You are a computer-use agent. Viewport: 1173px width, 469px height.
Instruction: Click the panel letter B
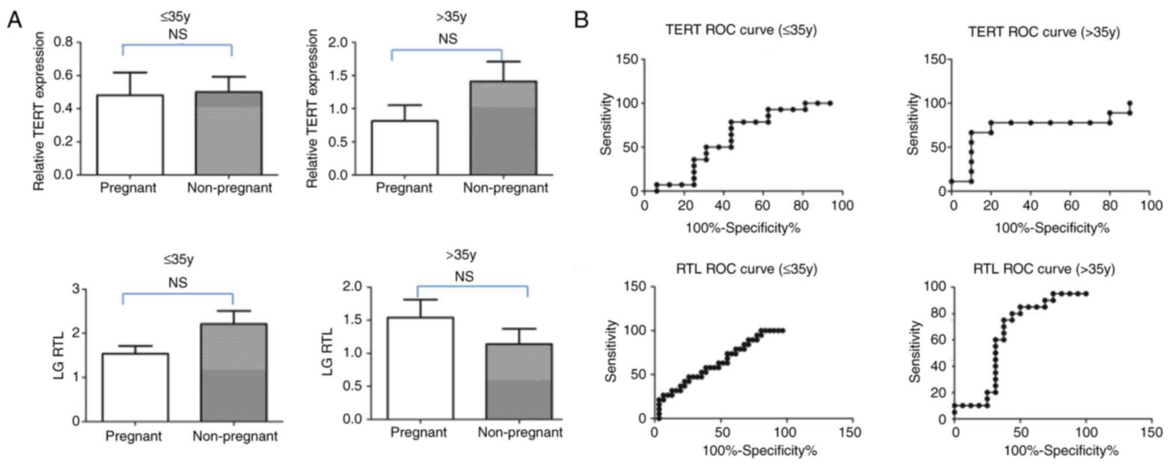581,21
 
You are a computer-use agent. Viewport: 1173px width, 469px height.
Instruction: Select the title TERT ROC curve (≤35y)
741,30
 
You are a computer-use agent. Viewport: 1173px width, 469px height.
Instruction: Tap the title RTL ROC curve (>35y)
1044,269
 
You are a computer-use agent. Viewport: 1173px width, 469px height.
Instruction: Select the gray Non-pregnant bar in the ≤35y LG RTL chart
234,373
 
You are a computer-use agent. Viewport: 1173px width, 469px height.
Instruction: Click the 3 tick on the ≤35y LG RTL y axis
76,288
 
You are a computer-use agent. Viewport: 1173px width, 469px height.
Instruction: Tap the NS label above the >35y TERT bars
448,39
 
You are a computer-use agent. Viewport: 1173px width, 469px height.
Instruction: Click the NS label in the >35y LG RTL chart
464,277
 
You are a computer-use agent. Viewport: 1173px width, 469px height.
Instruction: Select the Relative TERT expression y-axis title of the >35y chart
312,108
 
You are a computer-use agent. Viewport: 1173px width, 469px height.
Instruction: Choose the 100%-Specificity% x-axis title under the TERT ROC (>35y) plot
1052,228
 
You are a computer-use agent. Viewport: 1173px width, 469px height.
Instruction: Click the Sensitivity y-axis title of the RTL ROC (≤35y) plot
611,351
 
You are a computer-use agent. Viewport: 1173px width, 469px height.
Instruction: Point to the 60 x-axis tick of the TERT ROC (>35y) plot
1071,206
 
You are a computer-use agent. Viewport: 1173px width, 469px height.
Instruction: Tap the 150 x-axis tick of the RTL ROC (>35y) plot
1151,433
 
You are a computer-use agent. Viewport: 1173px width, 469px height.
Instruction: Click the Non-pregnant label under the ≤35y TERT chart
229,188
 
